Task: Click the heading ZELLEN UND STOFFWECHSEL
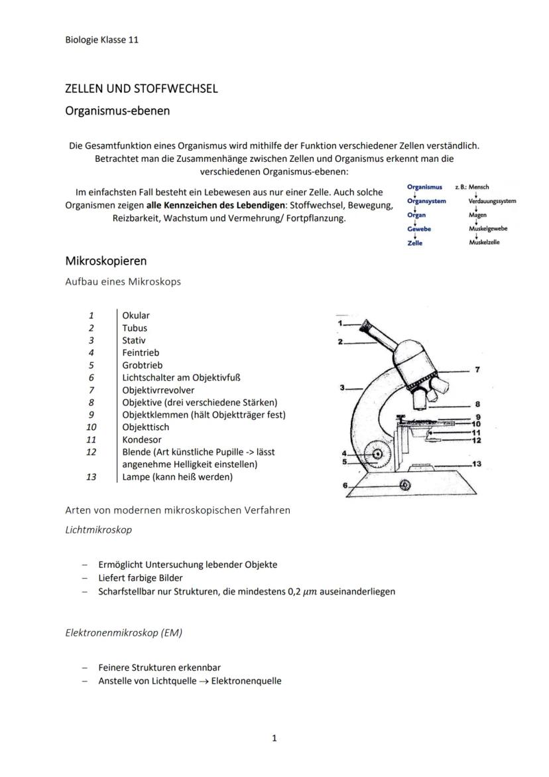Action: point(141,89)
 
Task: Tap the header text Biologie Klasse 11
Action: point(101,40)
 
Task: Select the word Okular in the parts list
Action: point(136,315)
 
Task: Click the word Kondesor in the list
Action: point(141,439)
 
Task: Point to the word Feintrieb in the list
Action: point(140,352)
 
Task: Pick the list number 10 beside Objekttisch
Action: point(91,427)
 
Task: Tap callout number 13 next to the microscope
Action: point(477,463)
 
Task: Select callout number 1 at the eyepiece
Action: point(339,322)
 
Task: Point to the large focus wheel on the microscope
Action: point(379,455)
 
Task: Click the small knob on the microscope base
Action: point(404,485)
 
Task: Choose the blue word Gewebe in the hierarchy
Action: point(419,228)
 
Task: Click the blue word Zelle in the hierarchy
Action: point(415,243)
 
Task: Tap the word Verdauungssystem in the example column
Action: point(492,201)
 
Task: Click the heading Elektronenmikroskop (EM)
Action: point(123,632)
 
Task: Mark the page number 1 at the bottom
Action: point(274,738)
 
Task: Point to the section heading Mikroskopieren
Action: point(105,261)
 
